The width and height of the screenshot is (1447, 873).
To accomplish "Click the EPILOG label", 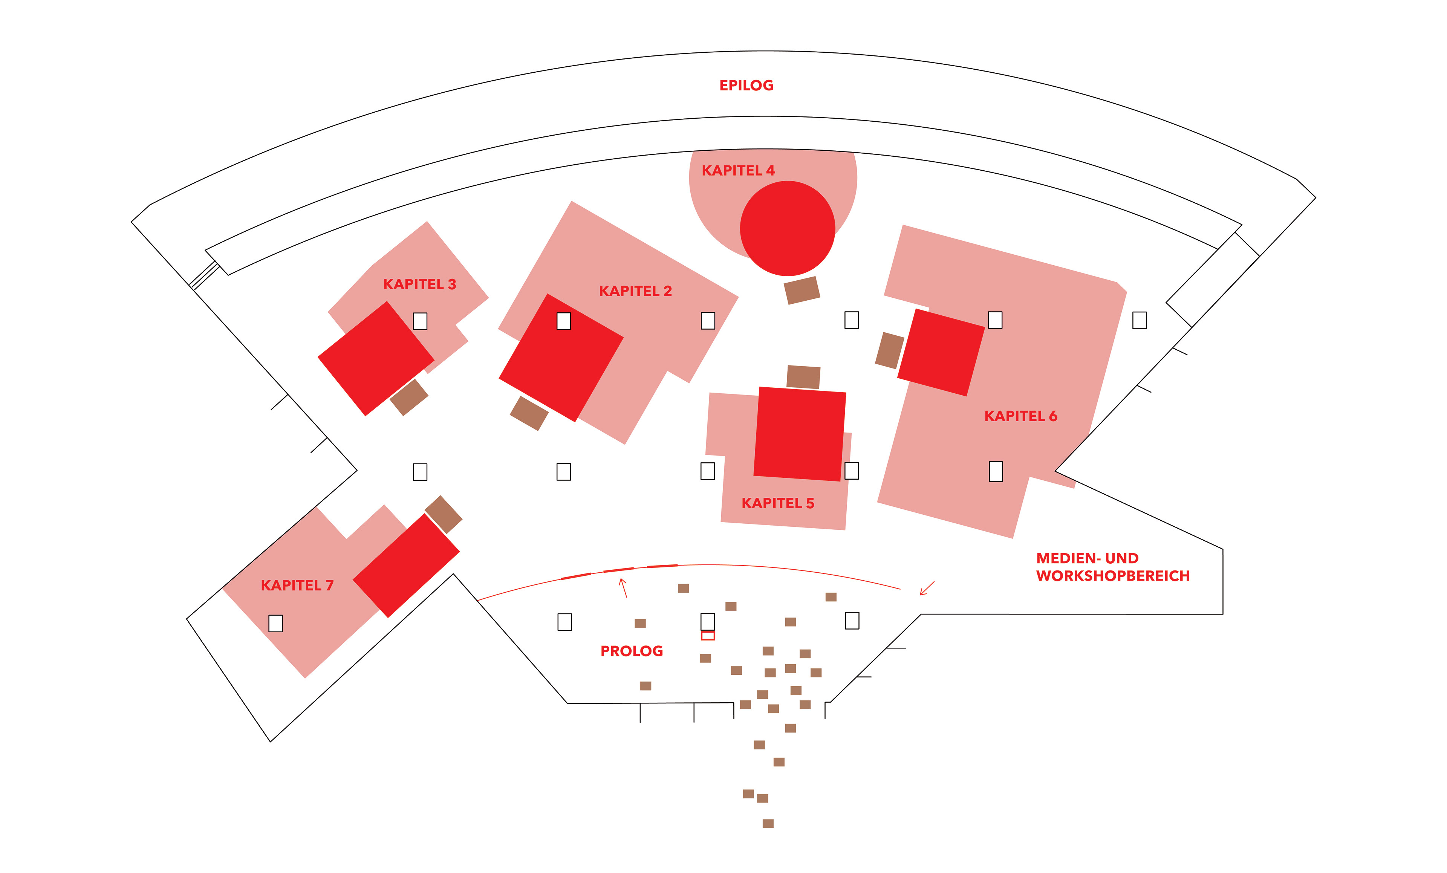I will click(746, 86).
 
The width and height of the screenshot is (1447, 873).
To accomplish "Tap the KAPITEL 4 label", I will click(737, 171).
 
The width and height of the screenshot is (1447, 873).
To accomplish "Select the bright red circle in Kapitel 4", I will click(787, 228).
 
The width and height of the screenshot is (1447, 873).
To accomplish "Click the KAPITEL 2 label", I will click(635, 291).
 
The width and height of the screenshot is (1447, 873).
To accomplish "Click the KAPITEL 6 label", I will click(1020, 416).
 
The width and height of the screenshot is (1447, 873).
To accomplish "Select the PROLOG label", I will click(631, 651).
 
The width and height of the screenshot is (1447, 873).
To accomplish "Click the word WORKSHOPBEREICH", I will click(1112, 576).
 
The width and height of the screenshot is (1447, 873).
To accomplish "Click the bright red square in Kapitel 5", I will click(799, 434).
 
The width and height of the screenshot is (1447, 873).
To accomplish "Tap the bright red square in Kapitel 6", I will click(941, 352).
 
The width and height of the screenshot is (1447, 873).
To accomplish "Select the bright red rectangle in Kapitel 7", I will click(406, 566).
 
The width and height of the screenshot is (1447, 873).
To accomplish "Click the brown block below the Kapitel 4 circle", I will click(802, 290).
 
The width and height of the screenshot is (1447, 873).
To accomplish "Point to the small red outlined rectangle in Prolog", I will click(708, 636).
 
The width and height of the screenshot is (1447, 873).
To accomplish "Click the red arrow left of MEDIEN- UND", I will click(926, 588).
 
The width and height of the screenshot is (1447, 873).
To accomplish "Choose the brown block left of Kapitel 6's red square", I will click(889, 350).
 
